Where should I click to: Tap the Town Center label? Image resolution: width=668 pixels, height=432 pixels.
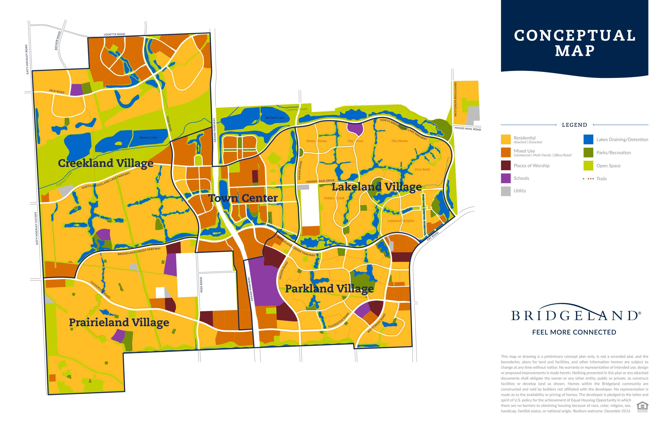point(243,198)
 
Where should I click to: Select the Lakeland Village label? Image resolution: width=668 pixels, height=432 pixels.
point(377,187)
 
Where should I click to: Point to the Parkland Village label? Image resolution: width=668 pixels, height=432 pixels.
point(329,289)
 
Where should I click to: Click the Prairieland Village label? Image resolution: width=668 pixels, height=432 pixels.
point(119,322)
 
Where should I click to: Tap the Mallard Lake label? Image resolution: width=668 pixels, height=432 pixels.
point(275,118)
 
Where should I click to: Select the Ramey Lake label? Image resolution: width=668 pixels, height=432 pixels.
point(148,137)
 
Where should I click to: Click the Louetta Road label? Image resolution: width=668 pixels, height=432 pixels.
point(115,34)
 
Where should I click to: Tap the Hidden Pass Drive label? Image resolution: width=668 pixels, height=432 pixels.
point(320,181)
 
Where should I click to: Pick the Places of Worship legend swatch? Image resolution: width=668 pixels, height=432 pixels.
point(506,166)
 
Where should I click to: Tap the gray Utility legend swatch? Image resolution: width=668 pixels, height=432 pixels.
point(506,191)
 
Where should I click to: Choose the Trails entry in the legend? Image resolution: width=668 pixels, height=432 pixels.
point(595,179)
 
